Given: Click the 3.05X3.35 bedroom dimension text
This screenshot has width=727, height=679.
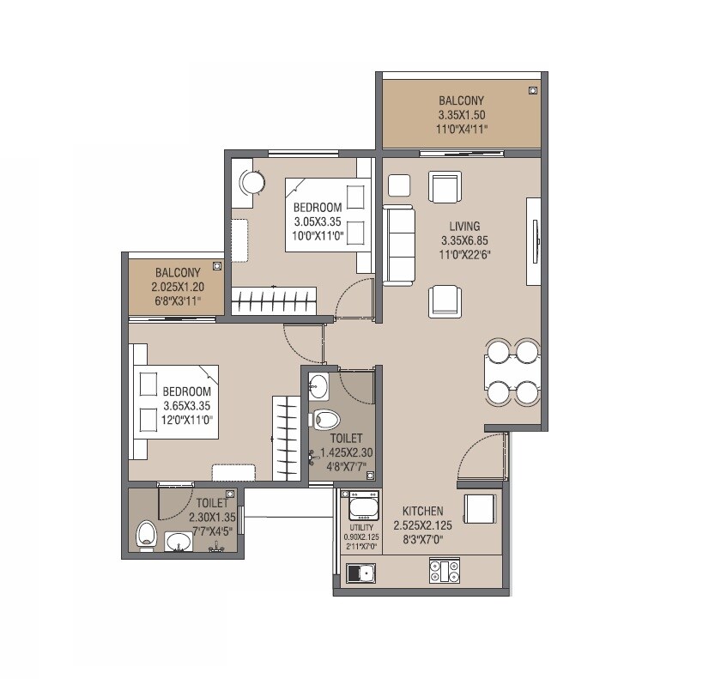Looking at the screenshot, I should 318,221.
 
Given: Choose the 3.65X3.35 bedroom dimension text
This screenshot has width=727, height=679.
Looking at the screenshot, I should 187,406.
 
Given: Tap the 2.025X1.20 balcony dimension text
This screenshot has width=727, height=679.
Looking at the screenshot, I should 178,288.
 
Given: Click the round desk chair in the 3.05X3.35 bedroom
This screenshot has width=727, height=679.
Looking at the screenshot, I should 251,182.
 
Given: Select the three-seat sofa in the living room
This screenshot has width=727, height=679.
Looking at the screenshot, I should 398,244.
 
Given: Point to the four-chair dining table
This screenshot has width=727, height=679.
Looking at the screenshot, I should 512,372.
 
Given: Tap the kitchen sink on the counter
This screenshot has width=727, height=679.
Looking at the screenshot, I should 360,573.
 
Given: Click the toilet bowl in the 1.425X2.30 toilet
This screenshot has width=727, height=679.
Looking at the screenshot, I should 325,419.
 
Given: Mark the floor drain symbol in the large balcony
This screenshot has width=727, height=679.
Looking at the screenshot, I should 532,89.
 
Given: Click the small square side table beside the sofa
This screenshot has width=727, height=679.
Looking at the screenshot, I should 399,185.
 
